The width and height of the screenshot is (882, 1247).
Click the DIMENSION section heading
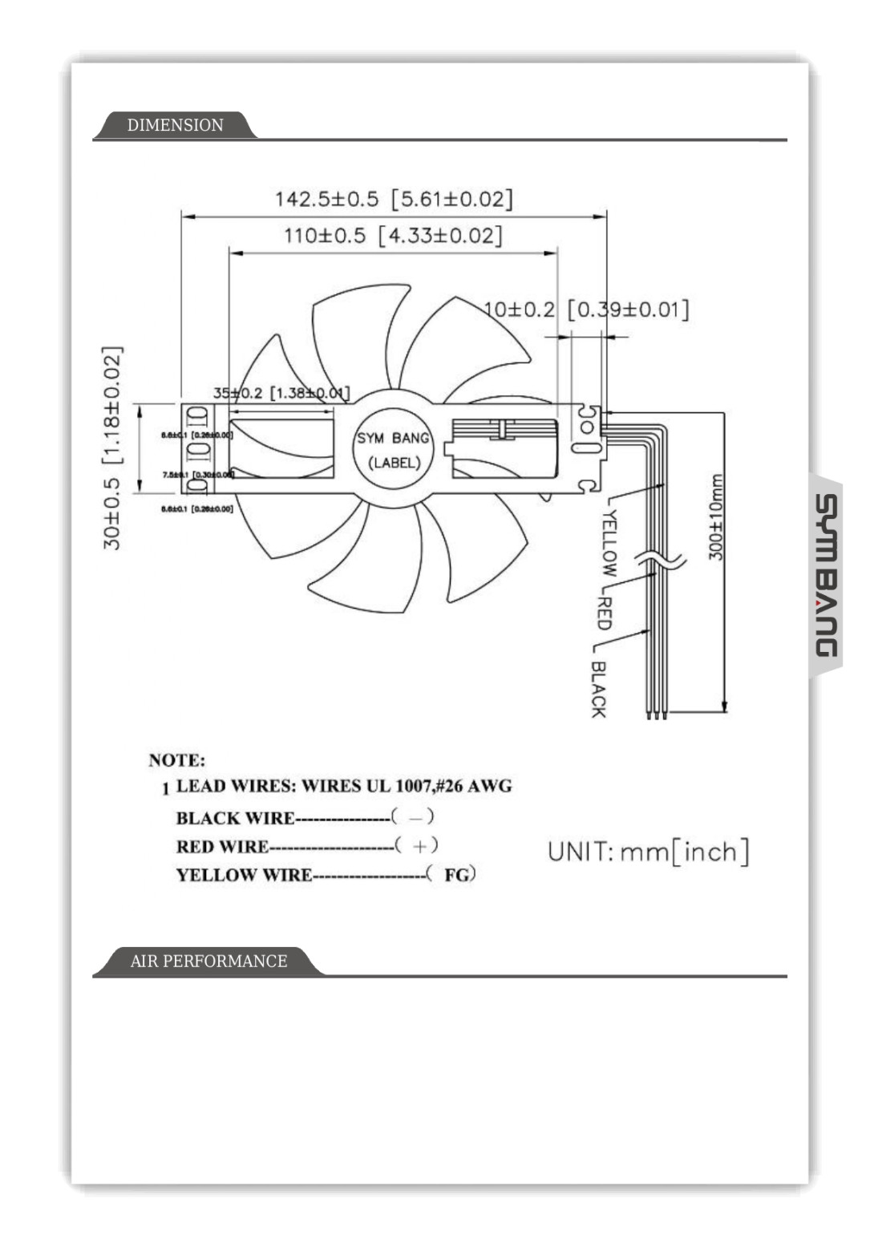(175, 125)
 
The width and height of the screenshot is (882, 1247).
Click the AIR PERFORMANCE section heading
(208, 961)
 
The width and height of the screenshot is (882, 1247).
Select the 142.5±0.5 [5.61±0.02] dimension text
(393, 199)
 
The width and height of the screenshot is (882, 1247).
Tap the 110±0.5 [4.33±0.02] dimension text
(393, 236)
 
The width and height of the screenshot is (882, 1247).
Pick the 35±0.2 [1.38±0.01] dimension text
(281, 393)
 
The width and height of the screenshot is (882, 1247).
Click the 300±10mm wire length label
(716, 517)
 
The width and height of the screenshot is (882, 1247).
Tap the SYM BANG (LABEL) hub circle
(393, 450)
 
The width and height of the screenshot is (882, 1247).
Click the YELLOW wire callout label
(609, 543)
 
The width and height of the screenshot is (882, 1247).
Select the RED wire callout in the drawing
(605, 613)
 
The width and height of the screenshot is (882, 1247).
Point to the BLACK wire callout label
(598, 689)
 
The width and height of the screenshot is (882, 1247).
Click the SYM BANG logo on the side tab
(826, 575)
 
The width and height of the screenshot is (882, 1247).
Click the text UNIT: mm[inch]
(648, 852)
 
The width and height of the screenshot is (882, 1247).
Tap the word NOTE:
(176, 760)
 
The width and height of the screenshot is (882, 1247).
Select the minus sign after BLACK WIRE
(415, 818)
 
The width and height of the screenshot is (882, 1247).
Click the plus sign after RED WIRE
(419, 846)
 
